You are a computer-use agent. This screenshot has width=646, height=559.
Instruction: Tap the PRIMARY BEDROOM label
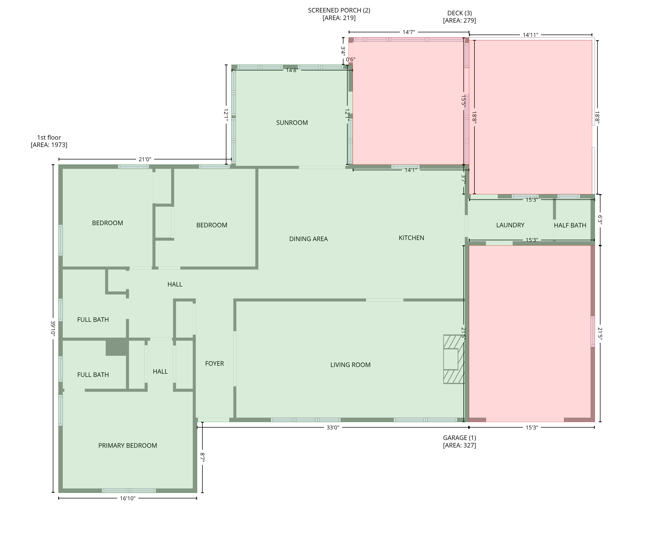(128, 445)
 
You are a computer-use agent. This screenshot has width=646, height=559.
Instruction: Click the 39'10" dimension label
(53, 328)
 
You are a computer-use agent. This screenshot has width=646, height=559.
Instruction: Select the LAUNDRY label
(510, 225)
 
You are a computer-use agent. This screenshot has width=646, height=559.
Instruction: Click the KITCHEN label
(411, 238)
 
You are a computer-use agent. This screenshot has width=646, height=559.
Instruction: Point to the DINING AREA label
(308, 239)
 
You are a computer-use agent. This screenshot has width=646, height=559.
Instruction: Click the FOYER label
(214, 363)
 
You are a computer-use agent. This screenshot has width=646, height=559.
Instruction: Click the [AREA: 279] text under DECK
(459, 21)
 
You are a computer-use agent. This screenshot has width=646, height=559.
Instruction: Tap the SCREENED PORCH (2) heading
(339, 10)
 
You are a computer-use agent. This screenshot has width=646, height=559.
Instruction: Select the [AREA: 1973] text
(49, 145)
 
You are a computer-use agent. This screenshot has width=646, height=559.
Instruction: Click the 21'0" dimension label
(145, 159)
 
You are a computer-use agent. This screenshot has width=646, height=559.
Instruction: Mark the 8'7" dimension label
(203, 457)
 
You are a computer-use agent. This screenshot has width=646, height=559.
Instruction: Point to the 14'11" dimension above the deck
(531, 35)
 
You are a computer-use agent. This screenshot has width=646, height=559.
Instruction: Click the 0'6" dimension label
(351, 59)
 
